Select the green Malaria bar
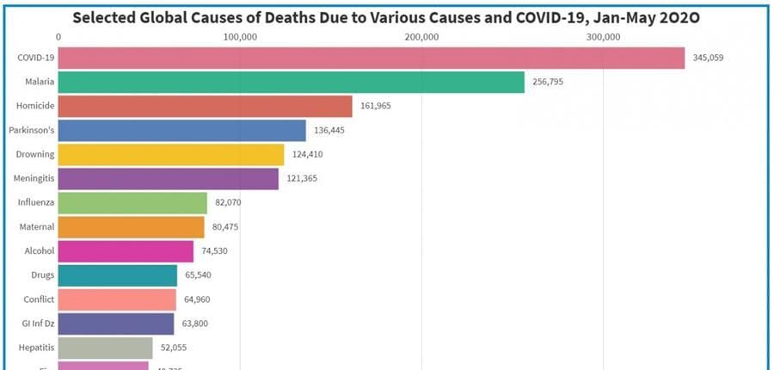292,82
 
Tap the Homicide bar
206,106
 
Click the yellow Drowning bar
171,155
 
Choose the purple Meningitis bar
169,179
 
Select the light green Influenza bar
133,203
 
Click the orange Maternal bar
132,227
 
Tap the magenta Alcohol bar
126,251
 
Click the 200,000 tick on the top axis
421,37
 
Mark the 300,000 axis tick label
603,37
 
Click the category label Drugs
42,275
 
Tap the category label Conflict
40,299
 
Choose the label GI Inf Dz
37,324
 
